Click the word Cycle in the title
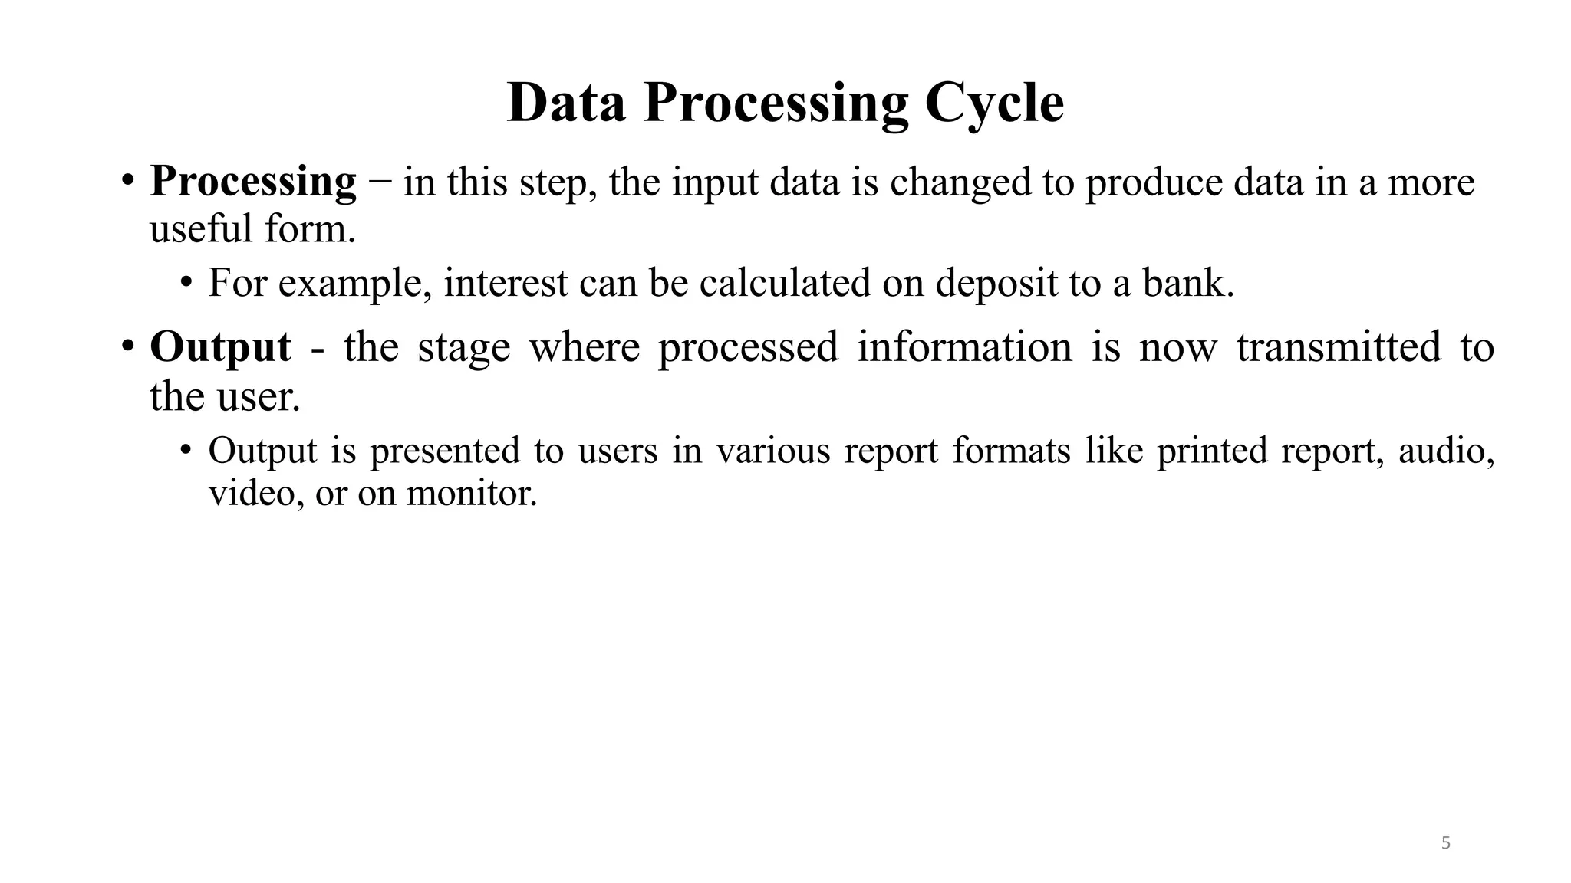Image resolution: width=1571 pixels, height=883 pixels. click(x=994, y=103)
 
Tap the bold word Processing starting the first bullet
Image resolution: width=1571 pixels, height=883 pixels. click(x=253, y=182)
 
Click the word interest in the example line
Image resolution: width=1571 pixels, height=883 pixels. click(x=506, y=282)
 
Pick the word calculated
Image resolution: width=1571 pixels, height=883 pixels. click(x=785, y=282)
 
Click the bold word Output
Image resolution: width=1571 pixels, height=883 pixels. click(x=220, y=347)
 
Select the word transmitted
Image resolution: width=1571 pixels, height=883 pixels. click(x=1339, y=346)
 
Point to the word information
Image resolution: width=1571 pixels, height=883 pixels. click(x=964, y=346)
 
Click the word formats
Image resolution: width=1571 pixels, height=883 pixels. click(x=1011, y=450)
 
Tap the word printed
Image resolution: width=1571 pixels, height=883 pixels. click(x=1211, y=450)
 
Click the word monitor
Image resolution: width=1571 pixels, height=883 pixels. click(x=471, y=492)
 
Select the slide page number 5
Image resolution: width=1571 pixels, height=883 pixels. click(x=1446, y=844)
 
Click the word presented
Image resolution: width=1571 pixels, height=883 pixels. click(x=445, y=450)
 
